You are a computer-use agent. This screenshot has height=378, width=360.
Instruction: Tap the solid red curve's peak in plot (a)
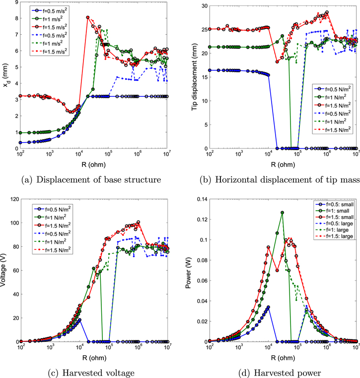click(x=88, y=17)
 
